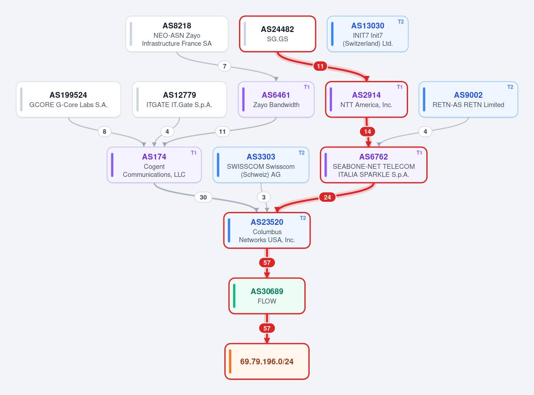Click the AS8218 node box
coord(177,34)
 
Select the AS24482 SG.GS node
coord(277,34)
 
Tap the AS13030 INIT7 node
coord(368,34)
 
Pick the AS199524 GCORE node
coord(69,100)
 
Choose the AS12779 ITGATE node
coord(179,100)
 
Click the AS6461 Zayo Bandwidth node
coord(276,100)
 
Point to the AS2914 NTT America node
coord(366,100)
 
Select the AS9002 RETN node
coord(468,100)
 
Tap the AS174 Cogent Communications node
coord(154,165)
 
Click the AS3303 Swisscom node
coord(261,165)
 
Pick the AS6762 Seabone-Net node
coord(374,165)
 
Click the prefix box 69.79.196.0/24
coord(267,361)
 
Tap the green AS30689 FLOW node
coord(267,296)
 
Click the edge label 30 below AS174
coord(203,197)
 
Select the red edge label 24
coord(327,197)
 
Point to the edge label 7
coord(224,66)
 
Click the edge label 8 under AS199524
coord(104,132)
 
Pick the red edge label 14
coord(368,132)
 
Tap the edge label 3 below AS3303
coord(263,197)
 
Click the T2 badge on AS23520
coord(303,218)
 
